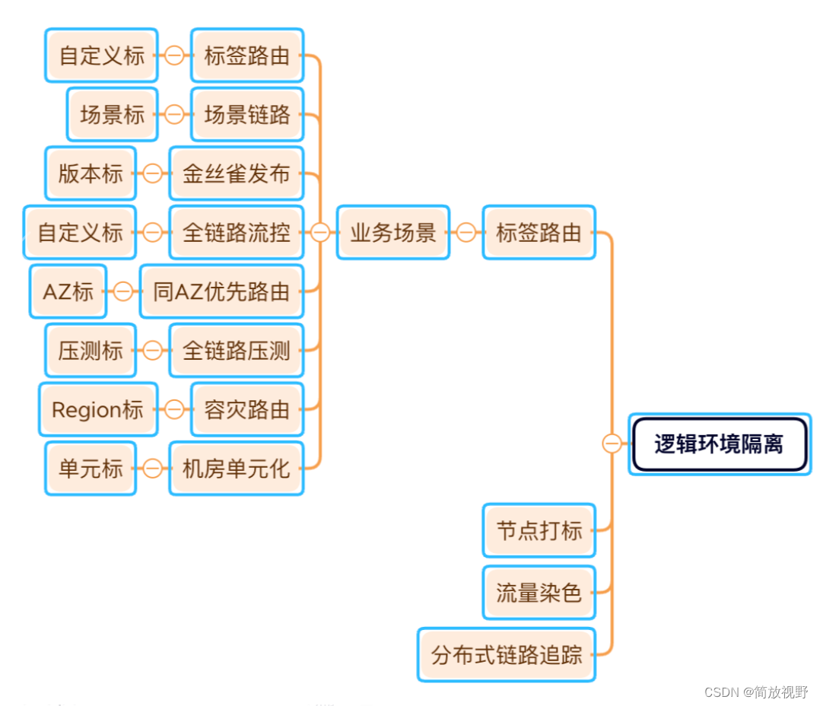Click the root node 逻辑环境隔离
click(x=719, y=444)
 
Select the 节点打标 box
click(x=539, y=530)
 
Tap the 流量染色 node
click(x=539, y=593)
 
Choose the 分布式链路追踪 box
click(x=506, y=655)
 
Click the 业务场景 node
click(x=393, y=233)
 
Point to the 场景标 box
click(x=112, y=115)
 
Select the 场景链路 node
click(x=246, y=115)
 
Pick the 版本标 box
click(x=90, y=173)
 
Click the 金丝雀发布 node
click(x=236, y=173)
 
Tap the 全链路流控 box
click(x=236, y=233)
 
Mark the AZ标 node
click(x=68, y=291)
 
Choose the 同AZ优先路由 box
click(x=221, y=291)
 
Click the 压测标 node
click(x=90, y=351)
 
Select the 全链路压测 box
click(x=236, y=351)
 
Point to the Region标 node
click(x=97, y=410)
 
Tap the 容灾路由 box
click(x=246, y=410)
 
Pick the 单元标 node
click(x=90, y=469)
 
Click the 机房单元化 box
click(x=236, y=469)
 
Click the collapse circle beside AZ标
click(x=122, y=291)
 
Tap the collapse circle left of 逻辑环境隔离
click(x=612, y=444)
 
